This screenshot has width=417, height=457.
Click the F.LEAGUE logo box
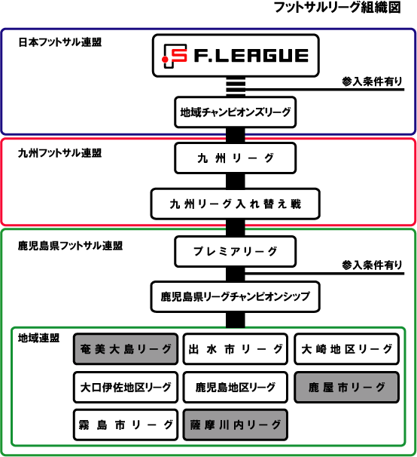tap(236, 56)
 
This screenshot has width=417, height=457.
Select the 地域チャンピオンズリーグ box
tap(236, 112)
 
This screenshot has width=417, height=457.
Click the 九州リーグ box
tap(236, 158)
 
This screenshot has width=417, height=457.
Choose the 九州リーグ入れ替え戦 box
tap(236, 204)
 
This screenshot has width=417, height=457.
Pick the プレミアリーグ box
tap(236, 252)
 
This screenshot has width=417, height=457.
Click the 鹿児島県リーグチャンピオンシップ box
tap(236, 296)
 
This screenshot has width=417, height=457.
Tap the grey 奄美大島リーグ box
tap(126, 349)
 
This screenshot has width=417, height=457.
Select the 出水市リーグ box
tap(236, 349)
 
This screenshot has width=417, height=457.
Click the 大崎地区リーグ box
tap(346, 349)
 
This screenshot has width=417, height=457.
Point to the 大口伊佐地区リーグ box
tap(126, 388)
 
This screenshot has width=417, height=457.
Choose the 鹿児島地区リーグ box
tap(236, 388)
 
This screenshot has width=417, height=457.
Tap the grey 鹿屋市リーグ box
tap(346, 388)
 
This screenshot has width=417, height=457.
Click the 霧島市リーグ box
tap(126, 425)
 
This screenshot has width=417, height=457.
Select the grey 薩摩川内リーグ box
tap(236, 425)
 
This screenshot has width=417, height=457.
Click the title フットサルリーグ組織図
tap(337, 8)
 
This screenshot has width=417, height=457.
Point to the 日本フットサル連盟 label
tap(60, 42)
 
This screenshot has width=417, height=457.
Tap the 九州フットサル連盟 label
tap(60, 153)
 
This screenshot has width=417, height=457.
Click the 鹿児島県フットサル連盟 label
tap(70, 246)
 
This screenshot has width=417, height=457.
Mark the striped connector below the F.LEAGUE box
tap(236, 87)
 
